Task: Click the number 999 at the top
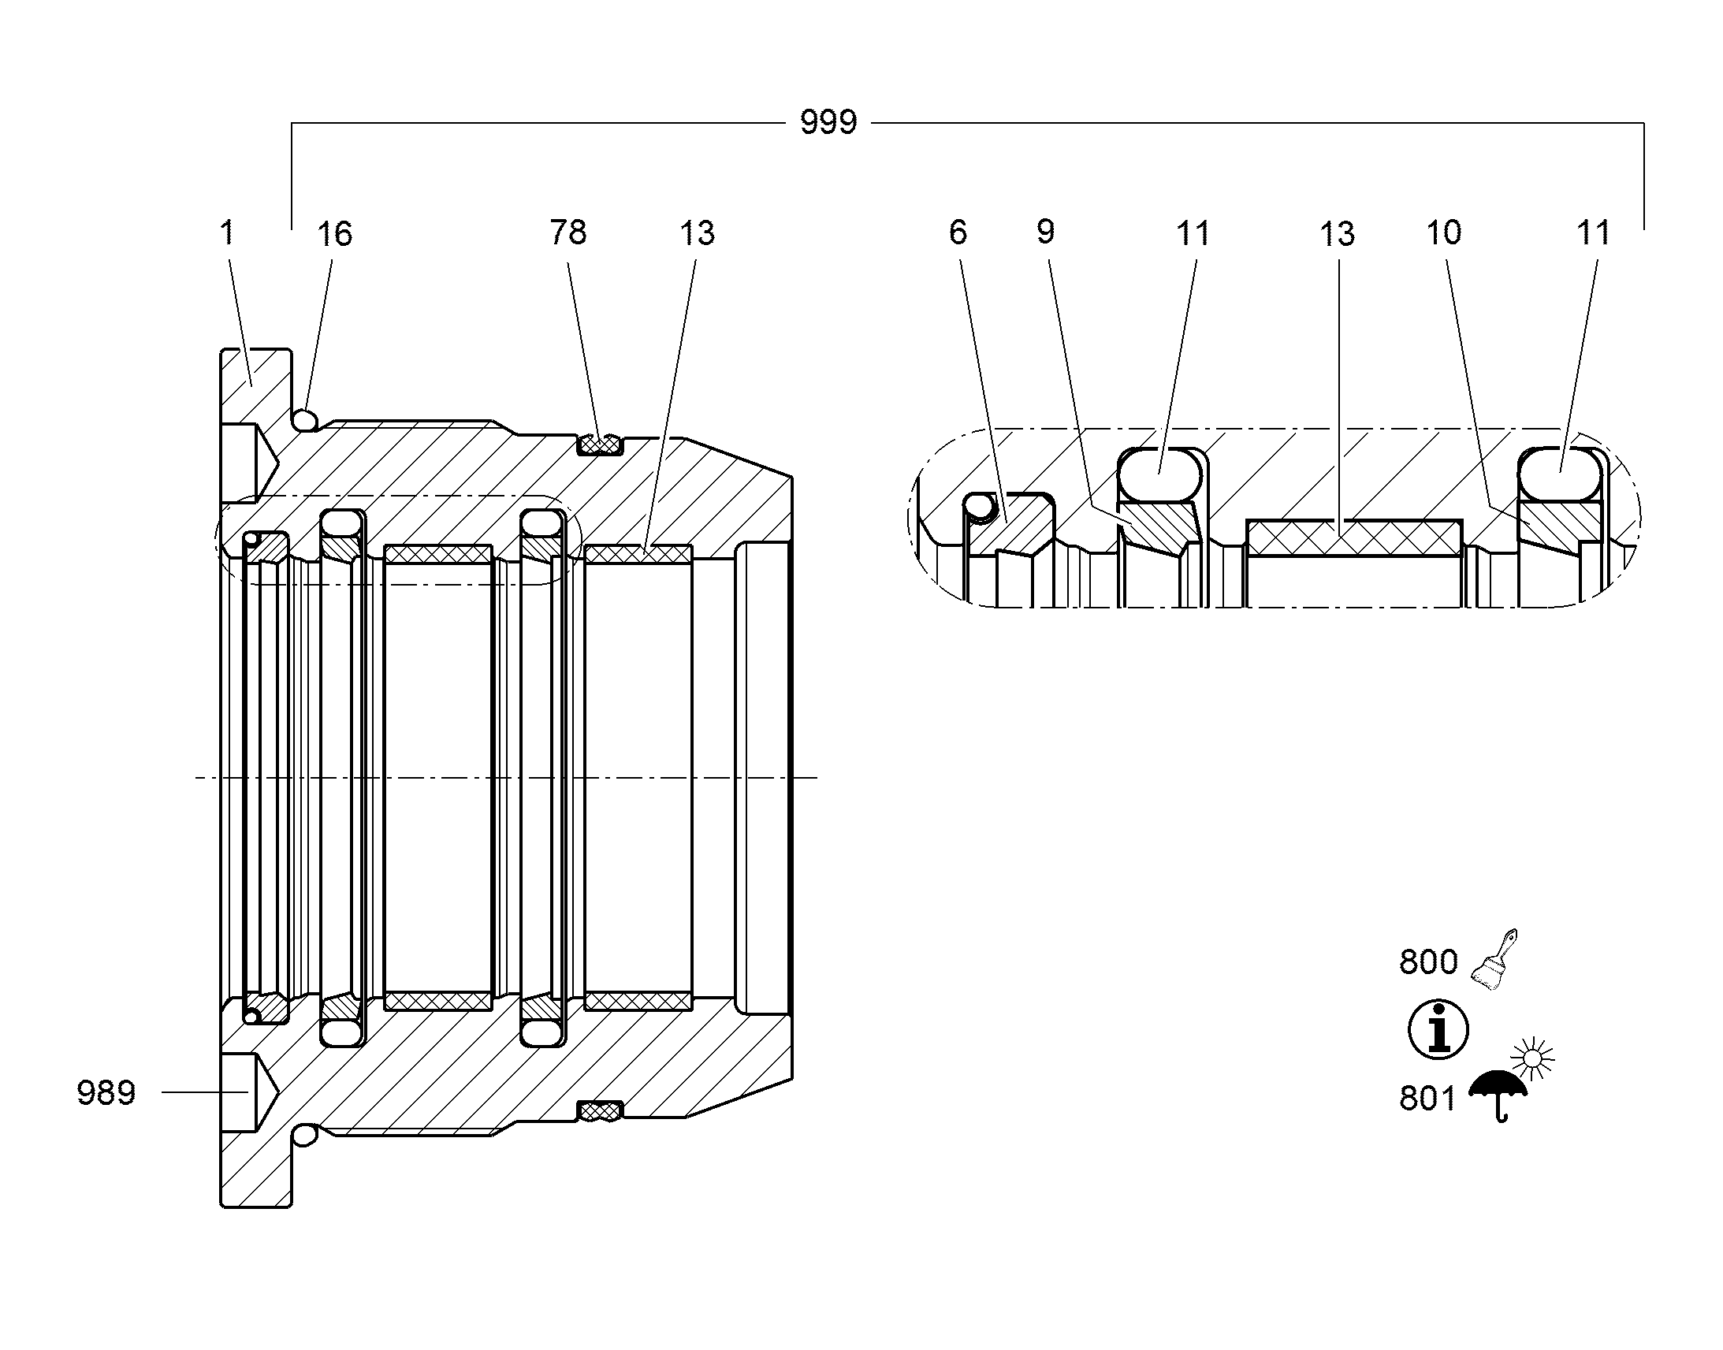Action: (x=828, y=122)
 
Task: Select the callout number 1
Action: (x=228, y=232)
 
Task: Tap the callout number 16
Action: (x=334, y=234)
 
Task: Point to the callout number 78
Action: (x=568, y=232)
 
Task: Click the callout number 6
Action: (x=958, y=232)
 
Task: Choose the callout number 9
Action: (x=1046, y=232)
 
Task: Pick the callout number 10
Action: (x=1444, y=232)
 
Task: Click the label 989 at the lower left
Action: (x=106, y=1093)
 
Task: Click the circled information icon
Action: (x=1438, y=1031)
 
